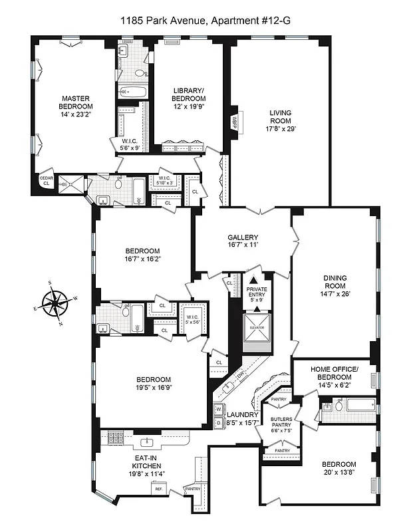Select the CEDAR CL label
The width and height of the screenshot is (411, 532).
[46, 182]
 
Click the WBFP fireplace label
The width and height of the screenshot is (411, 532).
[235, 122]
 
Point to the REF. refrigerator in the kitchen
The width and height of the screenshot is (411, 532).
[159, 489]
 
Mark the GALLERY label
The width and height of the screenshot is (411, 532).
[243, 237]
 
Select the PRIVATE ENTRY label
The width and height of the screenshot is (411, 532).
[256, 293]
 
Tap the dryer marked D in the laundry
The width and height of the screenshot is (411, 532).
[218, 422]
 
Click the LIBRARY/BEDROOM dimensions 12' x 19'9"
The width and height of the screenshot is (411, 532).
[189, 106]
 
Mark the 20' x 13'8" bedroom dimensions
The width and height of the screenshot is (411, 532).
[339, 473]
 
